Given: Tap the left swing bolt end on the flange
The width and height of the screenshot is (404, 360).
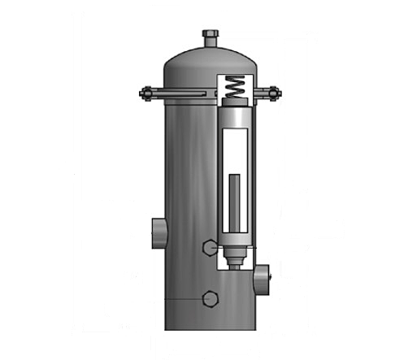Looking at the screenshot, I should pos(146,93).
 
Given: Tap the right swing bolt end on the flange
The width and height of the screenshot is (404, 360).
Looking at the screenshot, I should pos(274,93).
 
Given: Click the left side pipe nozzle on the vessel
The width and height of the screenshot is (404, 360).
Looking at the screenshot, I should pos(157,232).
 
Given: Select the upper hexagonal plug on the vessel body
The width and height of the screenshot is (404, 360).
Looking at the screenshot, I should pos(210,245).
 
